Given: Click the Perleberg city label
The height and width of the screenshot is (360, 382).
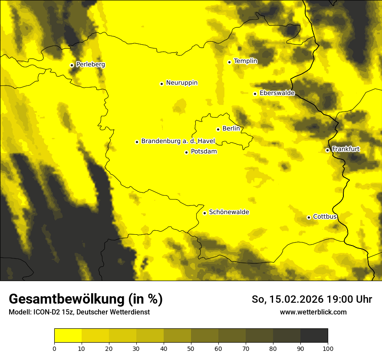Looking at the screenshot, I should [x=90, y=65].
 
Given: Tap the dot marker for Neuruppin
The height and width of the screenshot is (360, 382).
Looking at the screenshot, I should [x=161, y=84].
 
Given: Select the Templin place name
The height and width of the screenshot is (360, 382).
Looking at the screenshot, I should [x=245, y=61].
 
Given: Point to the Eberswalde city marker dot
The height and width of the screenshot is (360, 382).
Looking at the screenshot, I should [x=255, y=94].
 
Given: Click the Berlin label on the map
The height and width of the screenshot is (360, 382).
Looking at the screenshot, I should [x=231, y=128].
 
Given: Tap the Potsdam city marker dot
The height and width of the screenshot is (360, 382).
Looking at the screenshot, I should [x=186, y=152].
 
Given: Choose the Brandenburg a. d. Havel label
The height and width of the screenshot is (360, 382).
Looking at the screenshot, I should [x=175, y=141].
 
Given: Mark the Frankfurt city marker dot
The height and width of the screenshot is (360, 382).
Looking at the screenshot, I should [x=327, y=150].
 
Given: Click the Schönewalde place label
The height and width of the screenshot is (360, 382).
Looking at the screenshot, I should [x=229, y=212].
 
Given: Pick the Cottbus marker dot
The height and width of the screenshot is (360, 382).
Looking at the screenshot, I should [x=309, y=217].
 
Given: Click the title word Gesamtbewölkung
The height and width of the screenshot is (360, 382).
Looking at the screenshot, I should [x=65, y=299].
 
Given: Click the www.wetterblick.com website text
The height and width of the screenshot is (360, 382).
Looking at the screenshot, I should [x=313, y=312].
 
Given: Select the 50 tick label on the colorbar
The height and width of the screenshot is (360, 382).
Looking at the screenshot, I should [x=191, y=348].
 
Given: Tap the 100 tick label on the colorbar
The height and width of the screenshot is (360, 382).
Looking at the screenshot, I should [x=328, y=348].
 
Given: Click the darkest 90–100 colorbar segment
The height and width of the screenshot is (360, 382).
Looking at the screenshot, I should [x=314, y=336].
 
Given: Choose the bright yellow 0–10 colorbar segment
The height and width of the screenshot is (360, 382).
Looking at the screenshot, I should [x=68, y=336].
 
